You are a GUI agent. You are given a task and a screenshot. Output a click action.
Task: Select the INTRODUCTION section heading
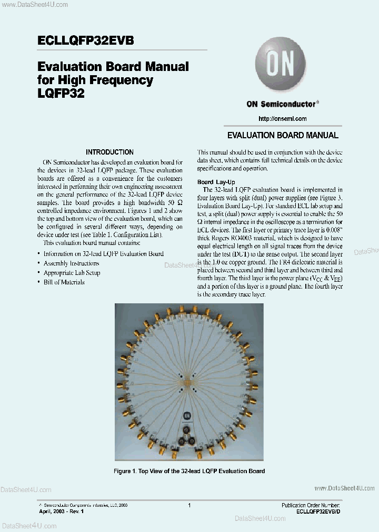(x=109, y=152)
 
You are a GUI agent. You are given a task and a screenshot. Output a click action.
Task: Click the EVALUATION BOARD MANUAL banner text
(x=282, y=136)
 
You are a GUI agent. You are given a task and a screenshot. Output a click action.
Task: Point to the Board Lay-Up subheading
(x=216, y=181)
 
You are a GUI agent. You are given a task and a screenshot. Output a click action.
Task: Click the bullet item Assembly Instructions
(x=71, y=263)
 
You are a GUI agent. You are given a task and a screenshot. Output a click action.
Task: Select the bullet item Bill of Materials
(x=64, y=282)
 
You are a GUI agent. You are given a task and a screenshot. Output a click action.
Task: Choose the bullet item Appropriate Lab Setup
(x=72, y=273)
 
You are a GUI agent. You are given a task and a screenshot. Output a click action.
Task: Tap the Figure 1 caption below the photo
(x=189, y=471)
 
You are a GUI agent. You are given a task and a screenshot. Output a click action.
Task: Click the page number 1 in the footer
(x=189, y=505)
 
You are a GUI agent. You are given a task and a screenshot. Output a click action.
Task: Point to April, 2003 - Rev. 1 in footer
(x=62, y=511)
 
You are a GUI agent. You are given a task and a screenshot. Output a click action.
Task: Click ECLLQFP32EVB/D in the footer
(x=318, y=511)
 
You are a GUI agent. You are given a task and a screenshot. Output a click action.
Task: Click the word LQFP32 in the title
(x=61, y=93)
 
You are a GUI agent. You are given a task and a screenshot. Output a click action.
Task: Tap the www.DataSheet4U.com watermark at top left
(x=34, y=5)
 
